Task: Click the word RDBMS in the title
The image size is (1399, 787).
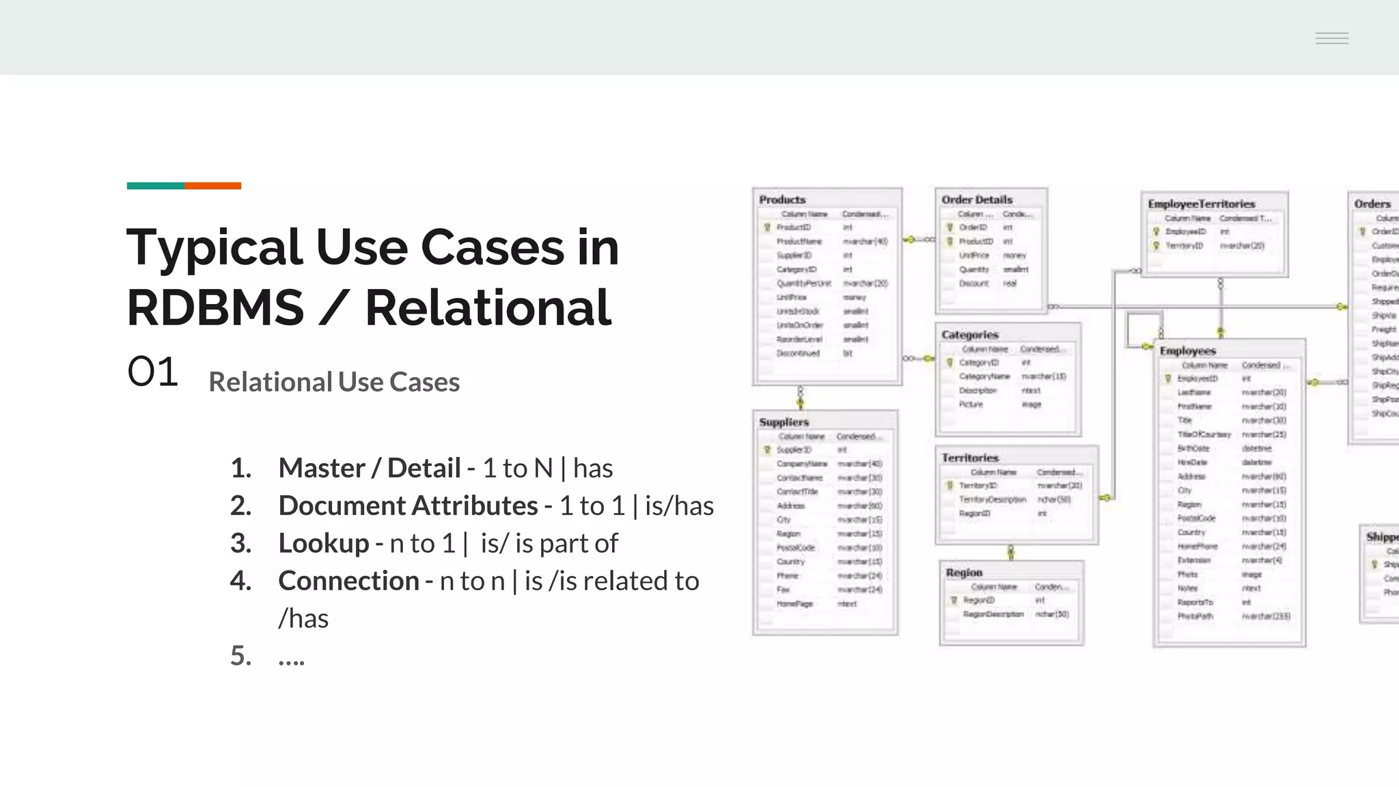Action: (x=215, y=308)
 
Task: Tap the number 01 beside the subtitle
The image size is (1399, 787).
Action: (x=152, y=372)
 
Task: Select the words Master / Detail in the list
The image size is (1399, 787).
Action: (x=369, y=468)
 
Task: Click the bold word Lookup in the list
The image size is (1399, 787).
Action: (x=323, y=543)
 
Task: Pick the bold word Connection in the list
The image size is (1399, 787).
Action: (x=348, y=581)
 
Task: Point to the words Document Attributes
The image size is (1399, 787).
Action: (x=408, y=506)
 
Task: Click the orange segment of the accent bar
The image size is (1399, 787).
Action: (x=212, y=186)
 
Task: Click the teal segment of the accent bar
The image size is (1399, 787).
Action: (x=155, y=186)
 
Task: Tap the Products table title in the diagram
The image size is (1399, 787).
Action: (x=782, y=199)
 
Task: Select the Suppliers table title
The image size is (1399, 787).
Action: (x=784, y=422)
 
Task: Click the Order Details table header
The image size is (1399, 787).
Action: (x=977, y=199)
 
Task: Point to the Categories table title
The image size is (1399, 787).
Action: (x=969, y=335)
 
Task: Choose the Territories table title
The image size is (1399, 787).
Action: (x=969, y=458)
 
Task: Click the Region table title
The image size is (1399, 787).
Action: (x=964, y=572)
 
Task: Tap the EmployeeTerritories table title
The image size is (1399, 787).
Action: (x=1201, y=204)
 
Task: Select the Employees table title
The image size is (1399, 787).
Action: (x=1187, y=350)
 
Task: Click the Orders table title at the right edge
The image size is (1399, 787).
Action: (x=1372, y=204)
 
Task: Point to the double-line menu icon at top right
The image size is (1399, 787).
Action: (x=1331, y=38)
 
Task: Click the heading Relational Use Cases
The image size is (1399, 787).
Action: (x=334, y=382)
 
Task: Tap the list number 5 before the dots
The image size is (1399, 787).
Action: (x=240, y=656)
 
